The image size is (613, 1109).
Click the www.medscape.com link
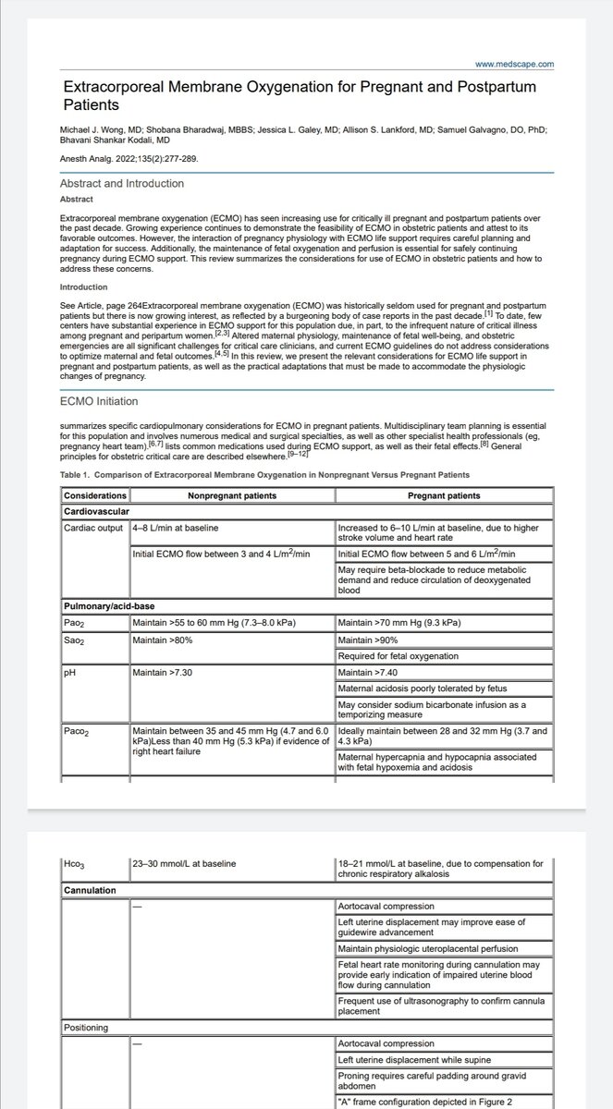(515, 64)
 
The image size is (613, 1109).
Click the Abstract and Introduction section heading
(121, 183)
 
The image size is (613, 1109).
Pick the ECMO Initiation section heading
(99, 402)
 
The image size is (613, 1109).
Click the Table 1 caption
(264, 475)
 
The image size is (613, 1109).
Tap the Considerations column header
(95, 496)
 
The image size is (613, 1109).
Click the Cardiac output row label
(94, 527)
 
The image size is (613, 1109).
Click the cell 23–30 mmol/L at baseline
(184, 863)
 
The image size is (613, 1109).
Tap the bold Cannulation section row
(90, 891)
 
